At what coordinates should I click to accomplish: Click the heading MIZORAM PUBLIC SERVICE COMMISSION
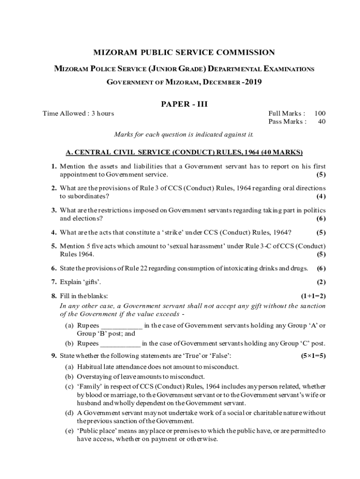coord(184,53)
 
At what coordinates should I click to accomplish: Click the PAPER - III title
coord(184,104)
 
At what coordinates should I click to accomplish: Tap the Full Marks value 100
coord(320,113)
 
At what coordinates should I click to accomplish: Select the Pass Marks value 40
coord(322,122)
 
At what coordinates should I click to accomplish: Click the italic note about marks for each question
coord(184,135)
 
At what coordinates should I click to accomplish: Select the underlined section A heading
coord(184,152)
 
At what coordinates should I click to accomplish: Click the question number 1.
coord(54,166)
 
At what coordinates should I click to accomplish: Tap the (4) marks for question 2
coord(321,196)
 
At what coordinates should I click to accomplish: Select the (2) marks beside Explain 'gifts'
coord(321,282)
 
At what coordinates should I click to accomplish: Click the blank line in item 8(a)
coord(122,326)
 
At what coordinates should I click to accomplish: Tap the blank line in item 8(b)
coord(120,344)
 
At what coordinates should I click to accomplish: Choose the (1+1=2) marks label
coord(313,296)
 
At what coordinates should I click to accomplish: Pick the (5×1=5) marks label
coord(313,356)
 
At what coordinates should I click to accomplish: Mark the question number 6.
coord(54,269)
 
